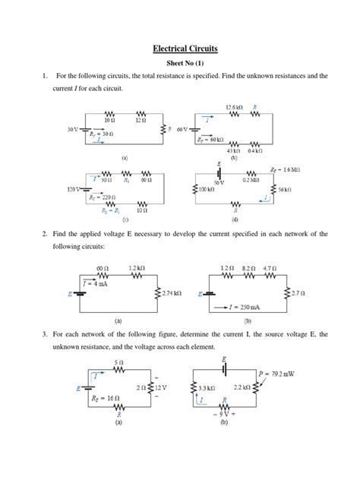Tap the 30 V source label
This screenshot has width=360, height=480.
coord(71,130)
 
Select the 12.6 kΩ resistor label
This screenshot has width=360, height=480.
coord(235,106)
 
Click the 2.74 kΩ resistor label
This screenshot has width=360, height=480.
coord(174,293)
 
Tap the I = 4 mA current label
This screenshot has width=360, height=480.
coord(96,283)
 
